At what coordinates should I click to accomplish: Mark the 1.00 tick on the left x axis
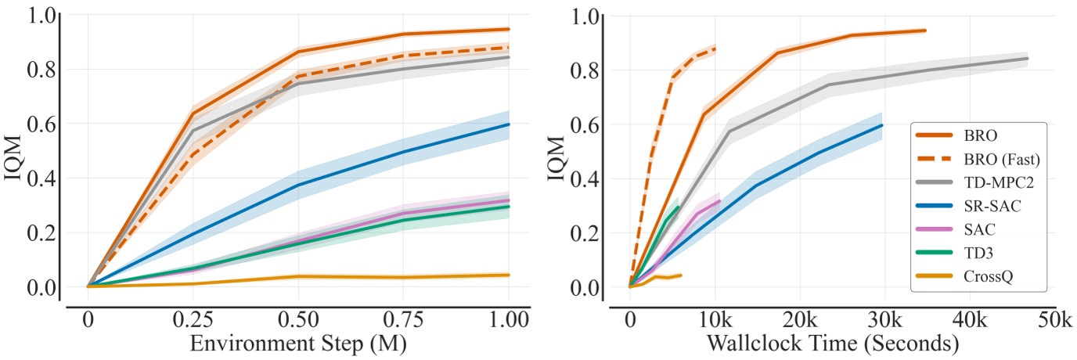(509, 321)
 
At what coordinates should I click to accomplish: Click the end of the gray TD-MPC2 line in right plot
(1027, 58)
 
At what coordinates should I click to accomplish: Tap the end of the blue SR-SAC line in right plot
(882, 125)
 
